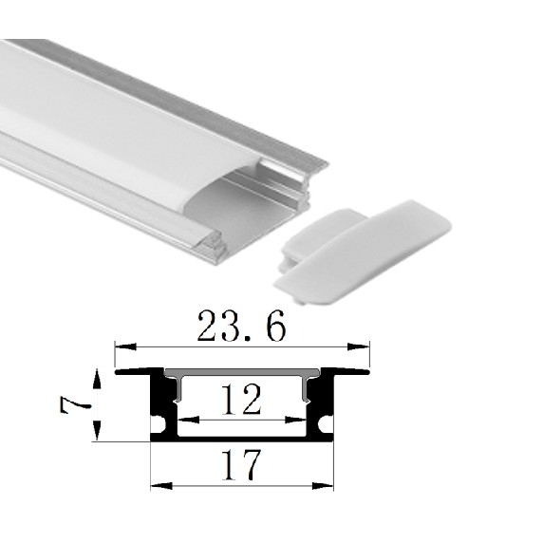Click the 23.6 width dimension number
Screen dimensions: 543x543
242,326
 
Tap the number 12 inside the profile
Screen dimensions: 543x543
241,399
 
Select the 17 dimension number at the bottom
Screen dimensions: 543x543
241,464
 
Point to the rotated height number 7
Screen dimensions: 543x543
75,404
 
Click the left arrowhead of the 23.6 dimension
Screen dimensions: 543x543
125,346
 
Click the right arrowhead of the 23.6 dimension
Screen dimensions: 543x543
359,346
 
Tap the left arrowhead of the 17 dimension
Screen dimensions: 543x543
161,486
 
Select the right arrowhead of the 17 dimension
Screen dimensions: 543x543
323,486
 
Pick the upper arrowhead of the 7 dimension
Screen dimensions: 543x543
98,380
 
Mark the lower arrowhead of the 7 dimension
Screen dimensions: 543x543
98,430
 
